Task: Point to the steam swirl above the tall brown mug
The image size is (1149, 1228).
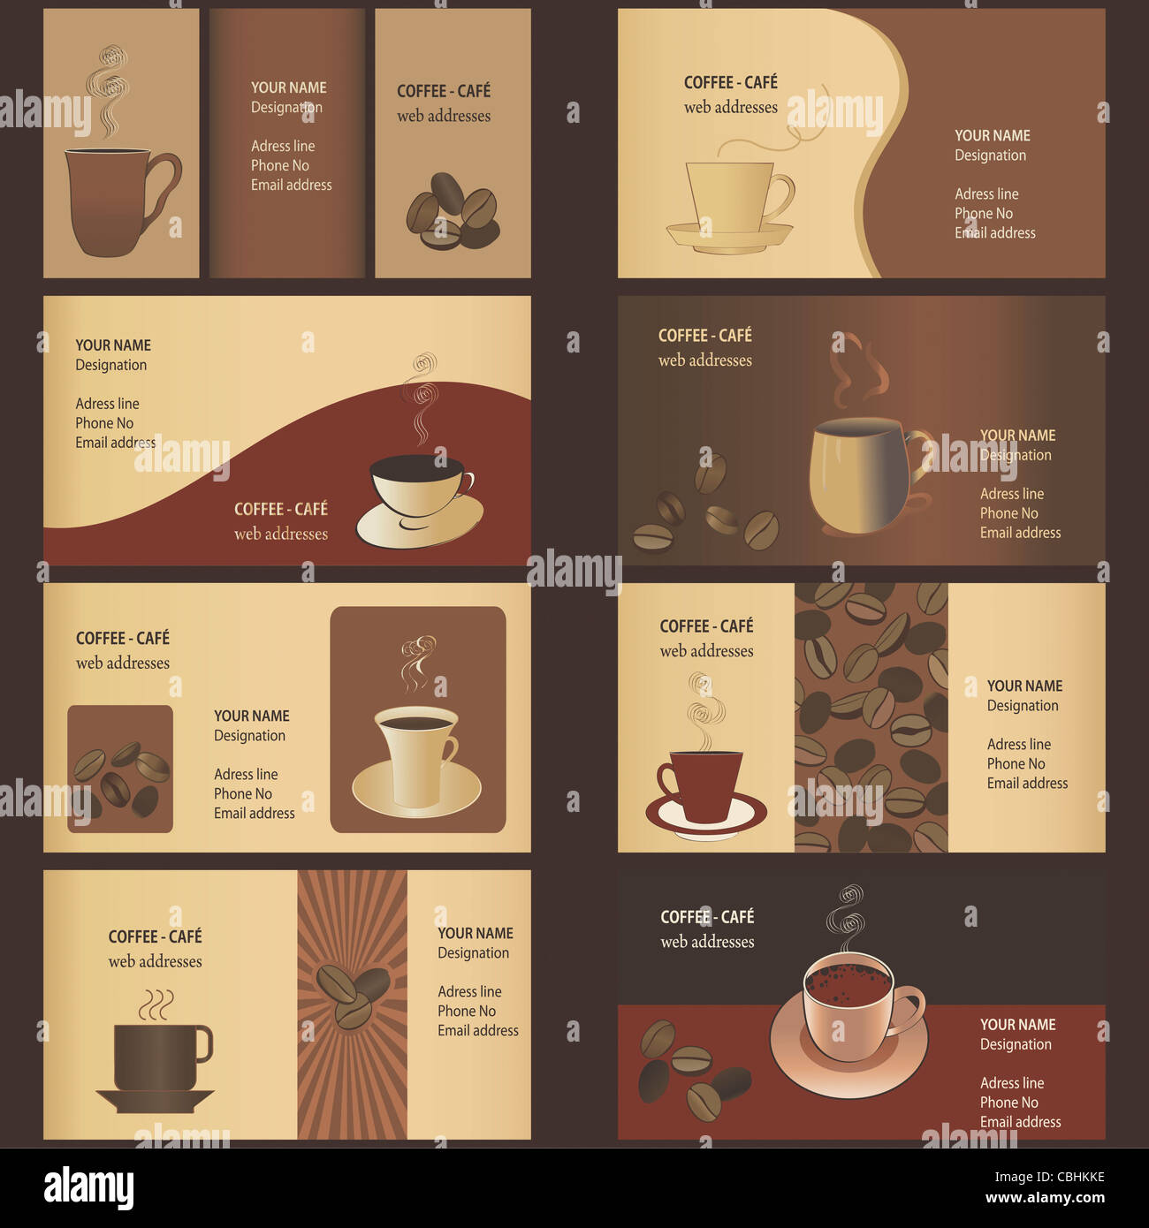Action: click(108, 88)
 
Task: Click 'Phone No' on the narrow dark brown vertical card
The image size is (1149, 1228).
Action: click(279, 165)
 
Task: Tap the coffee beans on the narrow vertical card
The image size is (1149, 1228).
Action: click(453, 212)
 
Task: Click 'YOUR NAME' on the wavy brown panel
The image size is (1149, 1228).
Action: click(992, 135)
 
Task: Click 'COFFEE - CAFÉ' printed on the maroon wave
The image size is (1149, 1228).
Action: click(280, 509)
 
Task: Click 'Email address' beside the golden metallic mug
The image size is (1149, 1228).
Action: click(1020, 533)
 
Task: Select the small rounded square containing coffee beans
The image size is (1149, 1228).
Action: click(120, 769)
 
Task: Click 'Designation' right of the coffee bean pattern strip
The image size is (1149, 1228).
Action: click(1022, 705)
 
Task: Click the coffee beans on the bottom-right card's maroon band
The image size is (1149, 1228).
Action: click(689, 1069)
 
